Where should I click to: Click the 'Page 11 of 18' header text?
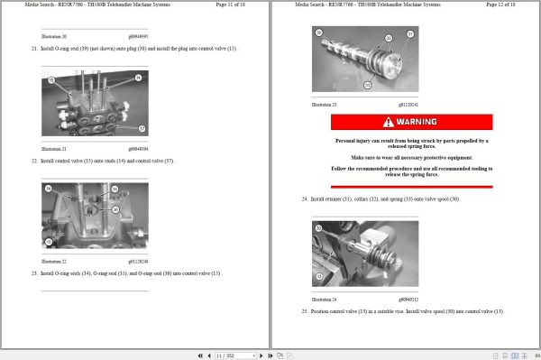pos(234,5)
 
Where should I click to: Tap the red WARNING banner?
pos(410,121)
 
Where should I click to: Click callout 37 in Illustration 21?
pos(142,128)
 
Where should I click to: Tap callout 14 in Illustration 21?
pos(138,78)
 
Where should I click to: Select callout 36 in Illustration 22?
pos(115,208)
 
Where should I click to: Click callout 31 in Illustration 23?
pos(408,34)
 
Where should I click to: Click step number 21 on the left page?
pos(33,48)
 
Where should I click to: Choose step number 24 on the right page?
pos(304,198)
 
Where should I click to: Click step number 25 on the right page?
pos(304,310)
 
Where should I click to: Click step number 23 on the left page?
pos(33,272)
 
